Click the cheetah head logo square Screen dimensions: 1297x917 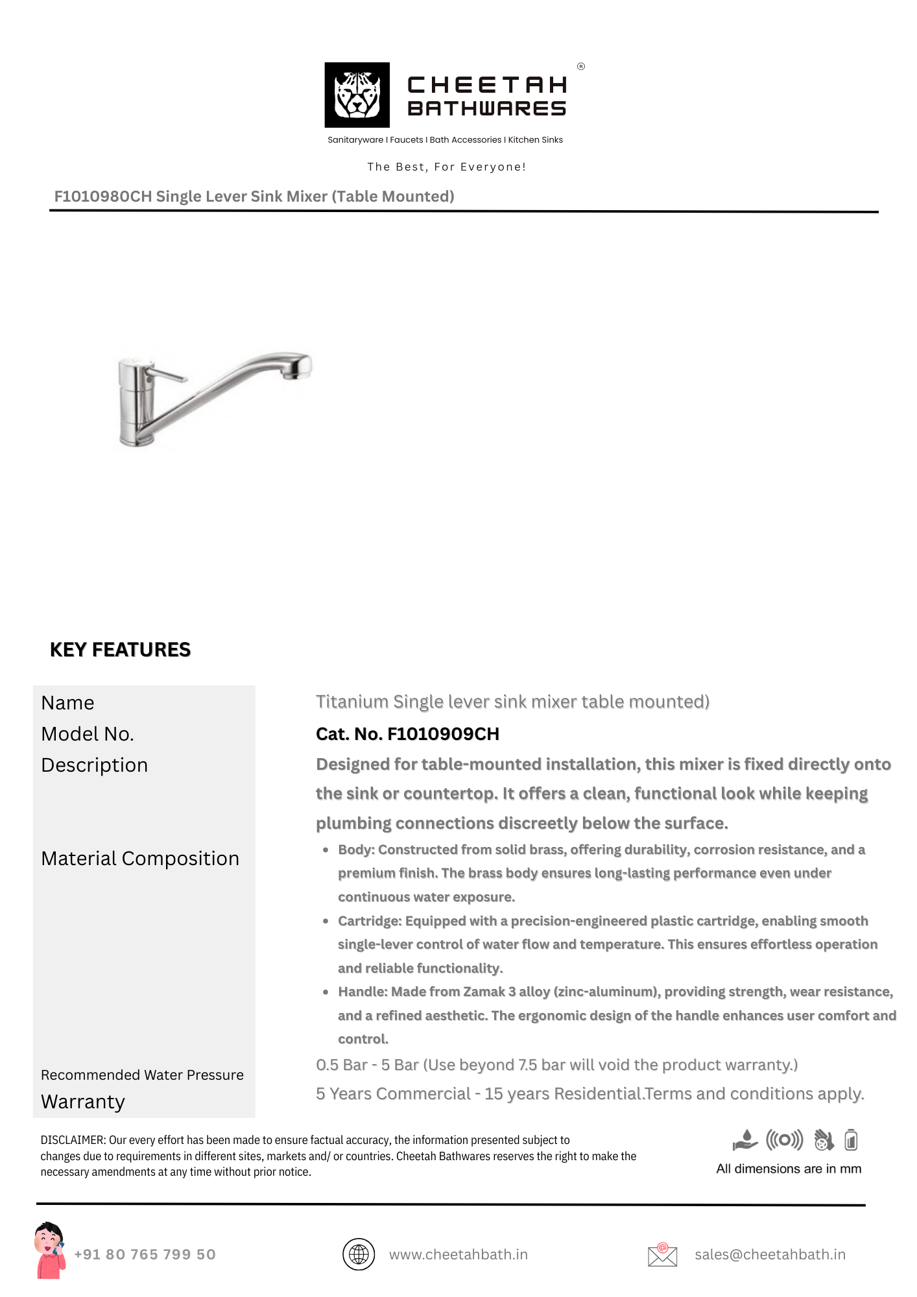pos(357,95)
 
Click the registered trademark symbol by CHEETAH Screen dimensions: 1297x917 pos(581,66)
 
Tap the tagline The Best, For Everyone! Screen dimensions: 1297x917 pos(446,167)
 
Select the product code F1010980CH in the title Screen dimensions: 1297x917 pos(102,196)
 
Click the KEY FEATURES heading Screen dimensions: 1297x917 pos(120,650)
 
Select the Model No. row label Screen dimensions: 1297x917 pos(88,734)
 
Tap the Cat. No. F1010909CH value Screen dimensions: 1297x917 pos(407,734)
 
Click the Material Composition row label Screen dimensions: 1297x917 pos(140,859)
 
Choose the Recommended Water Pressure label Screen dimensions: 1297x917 pos(142,1075)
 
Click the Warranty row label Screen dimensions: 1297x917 pos(83,1102)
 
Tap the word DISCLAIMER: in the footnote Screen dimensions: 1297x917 pos(73,1140)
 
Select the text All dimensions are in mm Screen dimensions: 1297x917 pos(789,1169)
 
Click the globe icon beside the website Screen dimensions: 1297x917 pos(359,1254)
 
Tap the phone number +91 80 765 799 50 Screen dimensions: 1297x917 pos(145,1254)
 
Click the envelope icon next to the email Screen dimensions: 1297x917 pos(662,1255)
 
